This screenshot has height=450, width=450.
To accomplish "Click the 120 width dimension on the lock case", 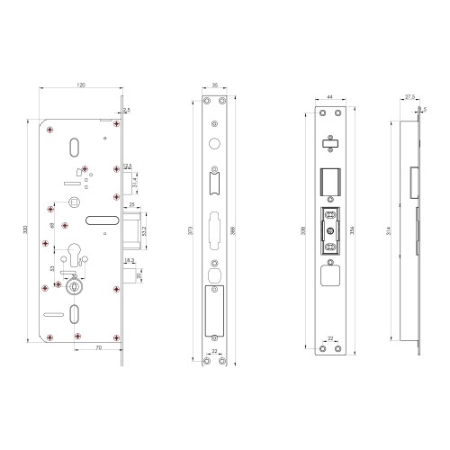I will coord(81,85).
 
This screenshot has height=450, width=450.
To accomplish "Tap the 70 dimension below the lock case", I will coord(97,346).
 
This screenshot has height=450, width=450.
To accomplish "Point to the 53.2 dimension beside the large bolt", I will coord(145,230).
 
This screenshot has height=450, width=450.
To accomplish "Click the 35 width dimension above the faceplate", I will coord(215,85).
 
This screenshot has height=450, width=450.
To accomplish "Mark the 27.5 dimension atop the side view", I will coord(409,94).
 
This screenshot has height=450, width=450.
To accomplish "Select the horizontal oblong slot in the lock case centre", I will coord(103,219).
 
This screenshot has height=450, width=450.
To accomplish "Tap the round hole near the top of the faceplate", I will coord(214,144).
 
